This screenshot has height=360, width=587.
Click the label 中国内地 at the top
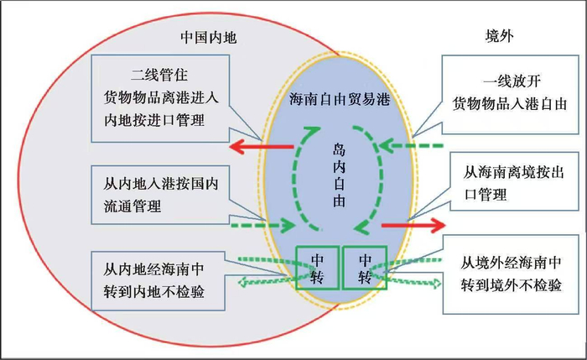pyautogui.click(x=209, y=38)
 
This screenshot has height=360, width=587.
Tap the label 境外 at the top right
pyautogui.click(x=500, y=36)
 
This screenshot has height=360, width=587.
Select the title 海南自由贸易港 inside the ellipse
pyautogui.click(x=339, y=99)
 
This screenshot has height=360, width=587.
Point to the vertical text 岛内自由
pyautogui.click(x=339, y=175)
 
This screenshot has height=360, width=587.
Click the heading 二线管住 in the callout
pyautogui.click(x=159, y=75)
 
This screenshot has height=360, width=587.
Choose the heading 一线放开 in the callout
pyautogui.click(x=512, y=81)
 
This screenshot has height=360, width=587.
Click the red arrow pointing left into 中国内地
pyautogui.click(x=261, y=147)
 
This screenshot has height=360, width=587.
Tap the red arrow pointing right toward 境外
pyautogui.click(x=413, y=225)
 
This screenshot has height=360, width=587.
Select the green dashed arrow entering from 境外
pyautogui.click(x=411, y=146)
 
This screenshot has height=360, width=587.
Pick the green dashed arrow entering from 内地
pyautogui.click(x=262, y=225)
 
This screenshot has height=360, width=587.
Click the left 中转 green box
pyautogui.click(x=318, y=268)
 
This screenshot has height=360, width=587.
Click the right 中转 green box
pyautogui.click(x=365, y=268)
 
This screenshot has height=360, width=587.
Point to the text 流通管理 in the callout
pyautogui.click(x=132, y=206)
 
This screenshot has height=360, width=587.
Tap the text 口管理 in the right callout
pyautogui.click(x=486, y=195)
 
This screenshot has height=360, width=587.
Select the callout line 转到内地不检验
pyautogui.click(x=153, y=292)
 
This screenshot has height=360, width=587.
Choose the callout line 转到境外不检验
pyautogui.click(x=511, y=285)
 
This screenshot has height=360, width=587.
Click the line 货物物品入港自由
pyautogui.click(x=510, y=103)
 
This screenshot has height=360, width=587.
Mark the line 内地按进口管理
pyautogui.click(x=153, y=120)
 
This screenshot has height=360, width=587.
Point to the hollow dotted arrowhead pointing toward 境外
pyautogui.click(x=436, y=284)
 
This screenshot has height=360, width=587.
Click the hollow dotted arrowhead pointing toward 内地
pyautogui.click(x=244, y=281)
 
